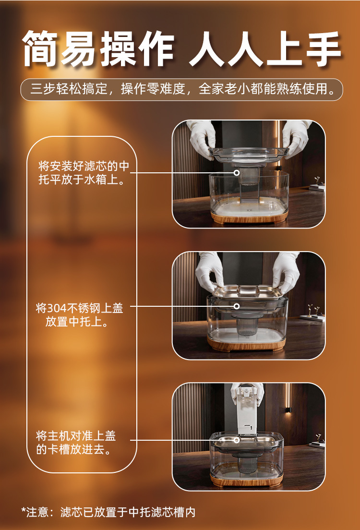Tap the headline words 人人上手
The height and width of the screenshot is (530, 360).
click(x=265, y=48)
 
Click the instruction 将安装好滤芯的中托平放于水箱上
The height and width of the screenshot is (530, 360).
click(x=84, y=173)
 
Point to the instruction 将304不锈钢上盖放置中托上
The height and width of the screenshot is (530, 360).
click(x=79, y=315)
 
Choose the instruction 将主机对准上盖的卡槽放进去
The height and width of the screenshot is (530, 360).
click(x=76, y=443)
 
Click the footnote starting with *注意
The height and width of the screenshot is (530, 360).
click(x=108, y=512)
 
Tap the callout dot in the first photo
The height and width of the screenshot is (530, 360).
click(x=237, y=173)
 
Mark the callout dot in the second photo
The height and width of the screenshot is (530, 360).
click(x=237, y=306)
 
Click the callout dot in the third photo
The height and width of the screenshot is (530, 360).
click(x=237, y=440)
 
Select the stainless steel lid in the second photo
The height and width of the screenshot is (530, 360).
click(x=247, y=292)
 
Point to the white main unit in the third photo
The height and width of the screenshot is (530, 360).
click(x=247, y=410)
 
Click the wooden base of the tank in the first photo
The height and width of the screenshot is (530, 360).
click(x=249, y=217)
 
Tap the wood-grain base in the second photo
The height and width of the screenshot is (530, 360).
click(x=246, y=345)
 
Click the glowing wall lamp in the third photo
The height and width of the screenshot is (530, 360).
click(x=288, y=410)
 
